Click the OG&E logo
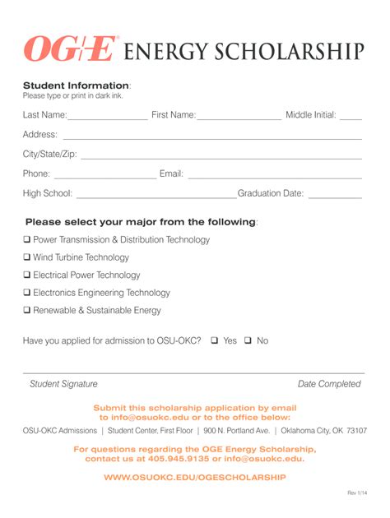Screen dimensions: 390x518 71,50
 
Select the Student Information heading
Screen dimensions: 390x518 76,86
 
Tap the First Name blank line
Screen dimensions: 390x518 239,118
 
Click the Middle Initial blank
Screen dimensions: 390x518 351,118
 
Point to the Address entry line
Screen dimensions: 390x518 212,137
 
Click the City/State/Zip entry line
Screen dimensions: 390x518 221,157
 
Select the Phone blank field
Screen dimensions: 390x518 104,177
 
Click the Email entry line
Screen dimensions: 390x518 275,177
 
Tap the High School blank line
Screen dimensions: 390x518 156,197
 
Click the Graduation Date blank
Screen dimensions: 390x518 334,197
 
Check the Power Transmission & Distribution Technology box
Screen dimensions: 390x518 27,240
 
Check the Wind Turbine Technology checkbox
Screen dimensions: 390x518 27,258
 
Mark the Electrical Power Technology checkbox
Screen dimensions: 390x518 27,275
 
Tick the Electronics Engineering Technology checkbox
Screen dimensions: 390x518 27,293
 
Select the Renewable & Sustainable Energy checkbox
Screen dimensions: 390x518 27,311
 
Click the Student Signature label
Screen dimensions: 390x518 63,384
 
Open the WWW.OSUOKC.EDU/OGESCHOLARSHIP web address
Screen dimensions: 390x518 195,478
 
